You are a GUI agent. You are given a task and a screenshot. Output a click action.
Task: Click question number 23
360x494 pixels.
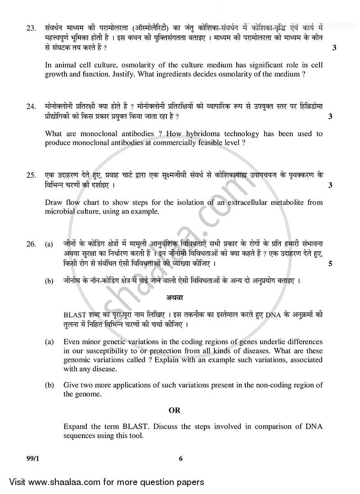[x=31, y=28]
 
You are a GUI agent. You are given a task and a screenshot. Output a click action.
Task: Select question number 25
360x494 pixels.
[x=31, y=175]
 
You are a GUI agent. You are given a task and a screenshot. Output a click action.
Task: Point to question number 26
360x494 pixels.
[x=31, y=244]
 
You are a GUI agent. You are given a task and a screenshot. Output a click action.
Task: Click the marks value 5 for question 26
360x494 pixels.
[x=330, y=264]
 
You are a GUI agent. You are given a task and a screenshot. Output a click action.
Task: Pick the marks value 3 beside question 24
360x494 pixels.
[x=330, y=117]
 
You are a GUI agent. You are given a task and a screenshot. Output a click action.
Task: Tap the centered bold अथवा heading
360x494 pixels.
[x=173, y=298]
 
